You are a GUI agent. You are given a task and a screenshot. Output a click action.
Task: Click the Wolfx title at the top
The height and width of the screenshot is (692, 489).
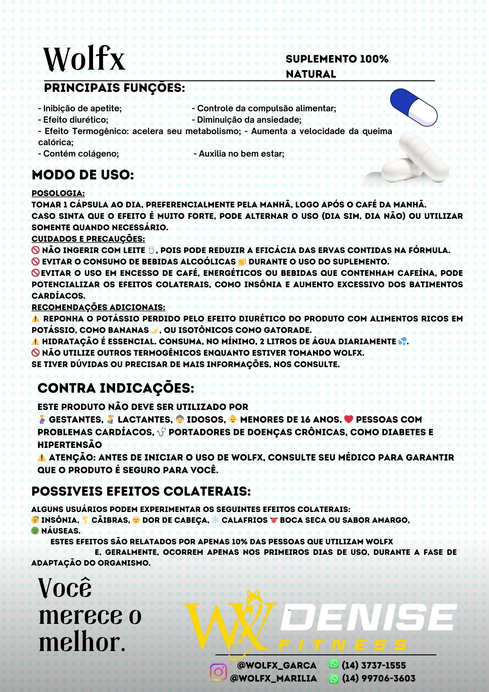(x=84, y=59)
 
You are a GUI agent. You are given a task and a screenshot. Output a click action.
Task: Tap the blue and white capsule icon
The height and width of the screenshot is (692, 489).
(x=414, y=107)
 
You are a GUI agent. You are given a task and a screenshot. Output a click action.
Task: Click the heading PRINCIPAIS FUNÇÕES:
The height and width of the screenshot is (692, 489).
(x=115, y=88)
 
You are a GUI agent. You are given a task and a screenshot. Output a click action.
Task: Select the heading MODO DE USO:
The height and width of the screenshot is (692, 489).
(x=83, y=175)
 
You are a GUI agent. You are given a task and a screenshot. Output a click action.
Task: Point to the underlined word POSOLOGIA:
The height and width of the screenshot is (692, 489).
(x=58, y=193)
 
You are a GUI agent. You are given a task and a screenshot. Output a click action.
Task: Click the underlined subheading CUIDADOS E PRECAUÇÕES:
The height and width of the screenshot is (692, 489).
(x=88, y=239)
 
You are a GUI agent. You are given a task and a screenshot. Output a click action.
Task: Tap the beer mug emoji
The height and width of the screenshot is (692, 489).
(x=242, y=262)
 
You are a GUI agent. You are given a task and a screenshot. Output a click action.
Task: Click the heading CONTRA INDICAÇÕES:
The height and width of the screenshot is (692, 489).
(x=116, y=388)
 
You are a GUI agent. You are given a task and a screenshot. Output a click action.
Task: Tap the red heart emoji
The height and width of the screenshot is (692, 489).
(x=348, y=419)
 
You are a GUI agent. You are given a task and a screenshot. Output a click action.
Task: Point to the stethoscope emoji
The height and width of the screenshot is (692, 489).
(x=161, y=432)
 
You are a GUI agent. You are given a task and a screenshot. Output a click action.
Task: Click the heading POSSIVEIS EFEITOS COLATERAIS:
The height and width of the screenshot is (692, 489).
(x=141, y=491)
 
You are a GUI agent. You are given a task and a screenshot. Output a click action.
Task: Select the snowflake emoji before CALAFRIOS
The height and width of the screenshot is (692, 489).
(x=215, y=520)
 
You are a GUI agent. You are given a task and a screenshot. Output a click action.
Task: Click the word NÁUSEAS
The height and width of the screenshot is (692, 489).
(x=61, y=531)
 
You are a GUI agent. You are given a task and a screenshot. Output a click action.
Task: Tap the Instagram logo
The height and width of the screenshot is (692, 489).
(x=218, y=672)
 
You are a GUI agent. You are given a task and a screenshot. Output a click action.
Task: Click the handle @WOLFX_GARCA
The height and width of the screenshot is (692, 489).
(x=277, y=665)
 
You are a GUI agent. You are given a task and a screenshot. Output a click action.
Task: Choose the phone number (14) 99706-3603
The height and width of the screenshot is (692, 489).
(x=379, y=678)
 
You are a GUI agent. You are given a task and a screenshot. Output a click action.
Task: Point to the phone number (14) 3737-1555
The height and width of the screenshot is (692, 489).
(x=374, y=665)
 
